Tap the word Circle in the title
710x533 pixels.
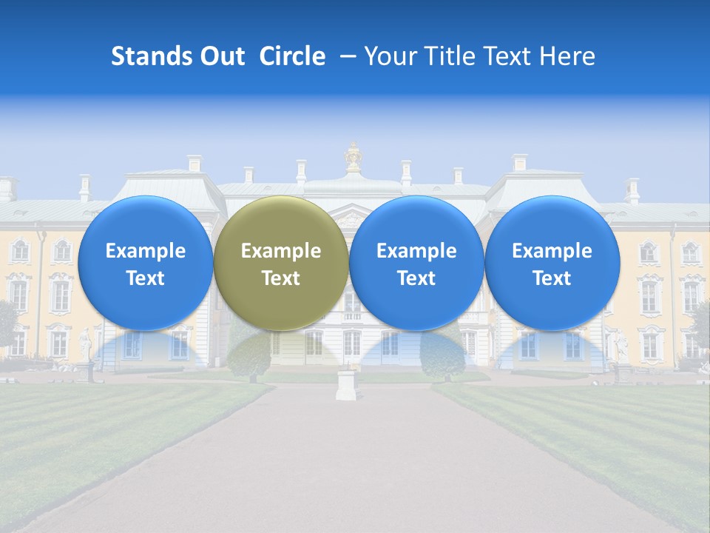pos(292,56)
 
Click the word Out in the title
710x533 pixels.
pos(222,56)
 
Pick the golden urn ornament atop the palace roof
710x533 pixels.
pos(354,158)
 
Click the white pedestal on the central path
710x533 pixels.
pos(346,384)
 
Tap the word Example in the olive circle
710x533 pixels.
pos(281,251)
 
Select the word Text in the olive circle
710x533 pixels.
pos(281,278)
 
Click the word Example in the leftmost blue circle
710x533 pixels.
pos(146,251)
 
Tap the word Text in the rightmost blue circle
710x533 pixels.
pos(552,278)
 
